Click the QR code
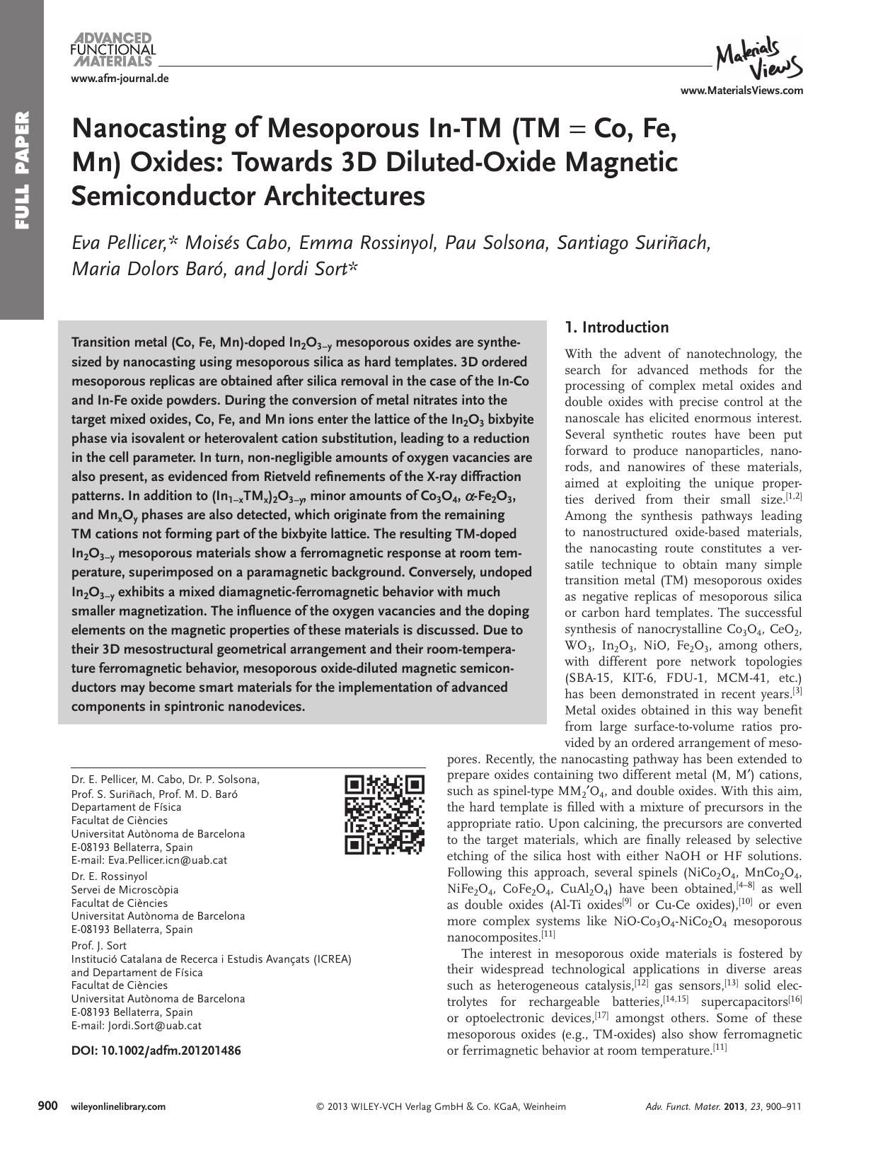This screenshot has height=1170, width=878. point(385,814)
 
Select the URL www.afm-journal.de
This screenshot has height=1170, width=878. point(120,79)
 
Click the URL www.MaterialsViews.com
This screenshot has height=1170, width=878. point(741,91)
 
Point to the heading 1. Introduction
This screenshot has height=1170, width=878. point(616,328)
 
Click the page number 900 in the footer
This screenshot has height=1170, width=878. point(47,1106)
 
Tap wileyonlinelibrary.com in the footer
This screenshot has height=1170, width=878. point(118,1107)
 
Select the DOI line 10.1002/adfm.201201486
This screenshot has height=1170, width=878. point(156,1050)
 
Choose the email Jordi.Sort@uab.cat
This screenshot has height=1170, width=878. point(154,1025)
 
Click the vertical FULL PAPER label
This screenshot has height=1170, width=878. point(22,170)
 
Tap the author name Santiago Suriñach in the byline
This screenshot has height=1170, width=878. point(632,243)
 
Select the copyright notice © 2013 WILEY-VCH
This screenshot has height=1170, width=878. point(441,1107)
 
